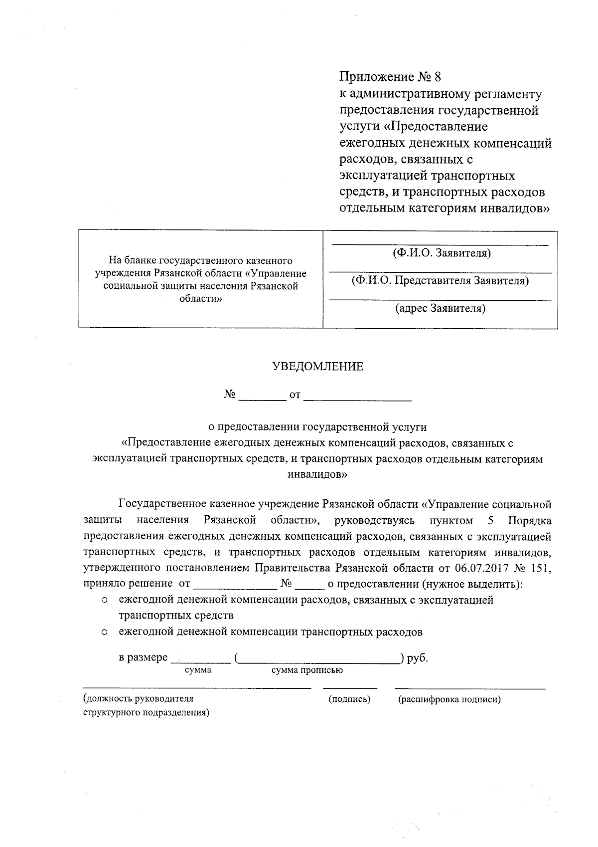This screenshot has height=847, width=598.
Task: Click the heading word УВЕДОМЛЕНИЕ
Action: (x=317, y=367)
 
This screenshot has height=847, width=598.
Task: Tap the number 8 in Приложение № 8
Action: (x=438, y=77)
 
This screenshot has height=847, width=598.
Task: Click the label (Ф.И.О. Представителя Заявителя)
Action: (x=441, y=281)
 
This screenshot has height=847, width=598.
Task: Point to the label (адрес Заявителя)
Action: (x=441, y=309)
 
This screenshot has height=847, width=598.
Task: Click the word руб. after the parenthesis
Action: (x=418, y=658)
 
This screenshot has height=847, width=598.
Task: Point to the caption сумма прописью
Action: (x=307, y=670)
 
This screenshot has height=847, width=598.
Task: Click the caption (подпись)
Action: (x=349, y=699)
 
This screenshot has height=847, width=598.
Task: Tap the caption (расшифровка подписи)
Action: (x=449, y=699)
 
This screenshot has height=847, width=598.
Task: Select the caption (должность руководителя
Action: (x=139, y=699)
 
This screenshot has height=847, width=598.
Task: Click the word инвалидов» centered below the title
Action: (x=317, y=474)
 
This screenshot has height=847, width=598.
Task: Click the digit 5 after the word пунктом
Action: (x=491, y=521)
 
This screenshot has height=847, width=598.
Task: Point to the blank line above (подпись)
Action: (x=350, y=688)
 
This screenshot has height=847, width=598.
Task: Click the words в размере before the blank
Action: (x=143, y=658)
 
